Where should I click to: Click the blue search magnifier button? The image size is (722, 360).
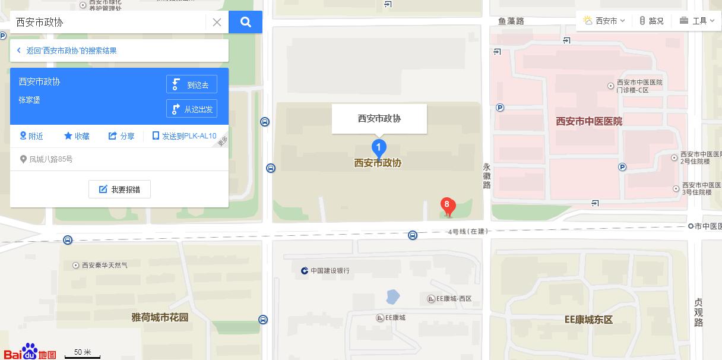coord(245,23)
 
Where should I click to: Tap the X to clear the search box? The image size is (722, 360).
coord(217,23)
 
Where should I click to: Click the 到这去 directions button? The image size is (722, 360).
coord(192,84)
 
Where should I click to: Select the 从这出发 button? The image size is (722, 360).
coord(192,109)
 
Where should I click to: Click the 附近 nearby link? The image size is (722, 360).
coord(31,136)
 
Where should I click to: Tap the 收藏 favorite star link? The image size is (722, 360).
coord(77,136)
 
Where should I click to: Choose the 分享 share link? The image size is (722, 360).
coord(121,136)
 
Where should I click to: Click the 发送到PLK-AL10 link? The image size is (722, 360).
coord(184,136)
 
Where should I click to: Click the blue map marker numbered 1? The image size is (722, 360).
coord(379,147)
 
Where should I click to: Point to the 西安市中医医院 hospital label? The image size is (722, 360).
coord(589,121)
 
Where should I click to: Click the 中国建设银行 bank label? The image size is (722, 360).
coord(325,271)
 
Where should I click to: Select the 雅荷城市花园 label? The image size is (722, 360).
coord(160,317)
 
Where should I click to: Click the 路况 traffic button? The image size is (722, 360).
coord(651,21)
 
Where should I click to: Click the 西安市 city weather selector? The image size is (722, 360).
coord(604,21)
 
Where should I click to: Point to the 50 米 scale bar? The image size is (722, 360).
coord(83,353)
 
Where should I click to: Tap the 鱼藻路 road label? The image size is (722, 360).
coord(511,21)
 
